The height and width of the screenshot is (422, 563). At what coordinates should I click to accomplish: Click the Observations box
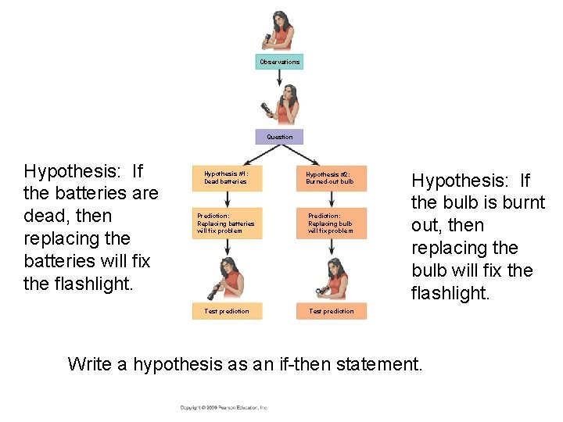click(279, 62)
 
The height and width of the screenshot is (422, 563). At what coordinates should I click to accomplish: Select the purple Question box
click(279, 137)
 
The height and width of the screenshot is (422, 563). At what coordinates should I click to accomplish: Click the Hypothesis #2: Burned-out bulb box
click(329, 177)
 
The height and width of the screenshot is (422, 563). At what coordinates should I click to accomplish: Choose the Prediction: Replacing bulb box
click(329, 224)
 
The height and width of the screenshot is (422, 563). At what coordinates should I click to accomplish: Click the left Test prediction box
click(228, 311)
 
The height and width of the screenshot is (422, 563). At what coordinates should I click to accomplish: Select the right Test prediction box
click(331, 311)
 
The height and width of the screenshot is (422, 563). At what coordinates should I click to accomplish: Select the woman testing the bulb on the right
click(335, 277)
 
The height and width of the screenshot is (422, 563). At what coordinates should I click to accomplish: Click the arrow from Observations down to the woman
click(279, 77)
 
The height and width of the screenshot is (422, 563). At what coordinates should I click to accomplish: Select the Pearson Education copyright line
click(224, 407)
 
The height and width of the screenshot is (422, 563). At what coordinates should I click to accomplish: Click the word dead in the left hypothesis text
click(45, 216)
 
